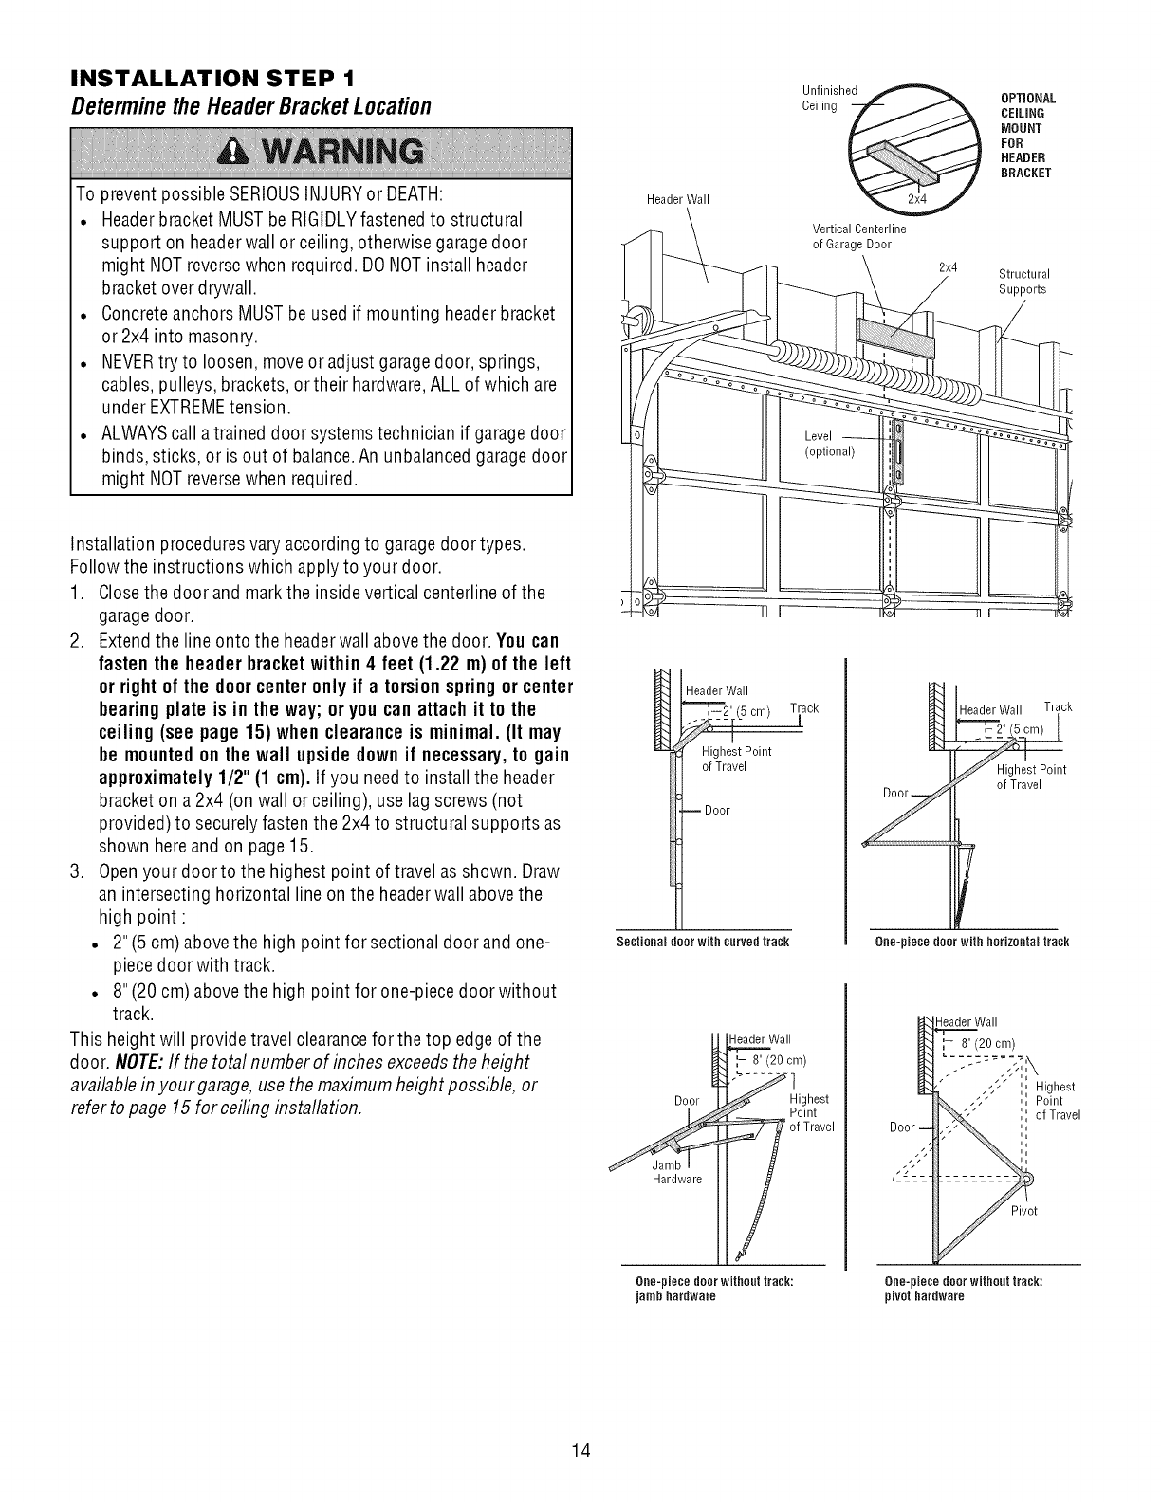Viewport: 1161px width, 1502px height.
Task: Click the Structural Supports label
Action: [x=1023, y=283]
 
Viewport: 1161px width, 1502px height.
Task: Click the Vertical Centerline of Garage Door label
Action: [x=859, y=235]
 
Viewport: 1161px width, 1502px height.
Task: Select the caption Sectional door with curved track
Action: [x=703, y=942]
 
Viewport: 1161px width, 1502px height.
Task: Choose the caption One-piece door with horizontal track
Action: [x=973, y=942]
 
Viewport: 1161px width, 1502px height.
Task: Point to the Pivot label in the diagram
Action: [x=1024, y=1211]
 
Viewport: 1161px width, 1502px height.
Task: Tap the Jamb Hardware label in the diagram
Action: [x=676, y=1173]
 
